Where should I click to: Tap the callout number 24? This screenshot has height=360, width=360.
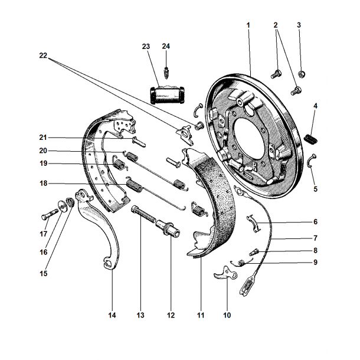tap(166, 46)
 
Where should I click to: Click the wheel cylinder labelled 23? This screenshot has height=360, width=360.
tap(167, 94)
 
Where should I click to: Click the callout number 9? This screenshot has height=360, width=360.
tap(315, 263)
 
